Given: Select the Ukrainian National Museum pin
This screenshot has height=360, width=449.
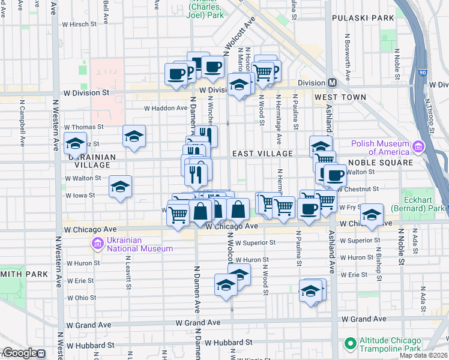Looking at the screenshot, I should tap(96, 244).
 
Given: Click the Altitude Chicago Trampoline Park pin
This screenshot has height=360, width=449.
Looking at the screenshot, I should tap(350, 343).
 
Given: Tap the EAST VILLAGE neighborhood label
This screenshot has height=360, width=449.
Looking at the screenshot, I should tap(264, 154).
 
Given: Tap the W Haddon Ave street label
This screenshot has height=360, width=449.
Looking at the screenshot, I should tap(165, 108).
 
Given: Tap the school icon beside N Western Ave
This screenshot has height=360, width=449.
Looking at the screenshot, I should tap(76, 144).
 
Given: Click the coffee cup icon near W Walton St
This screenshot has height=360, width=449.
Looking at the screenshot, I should tap(335, 175).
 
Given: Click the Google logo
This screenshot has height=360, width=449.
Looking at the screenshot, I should tap(20, 353).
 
